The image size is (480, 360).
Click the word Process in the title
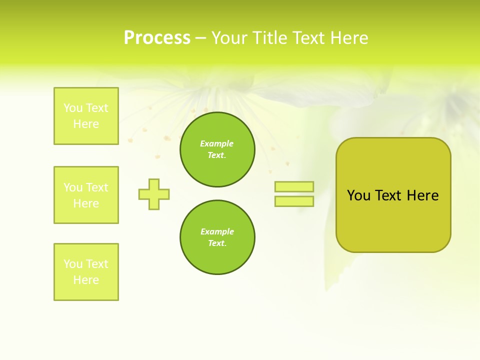(157, 38)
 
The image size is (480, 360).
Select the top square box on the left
(86, 116)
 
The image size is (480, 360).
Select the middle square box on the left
(86, 195)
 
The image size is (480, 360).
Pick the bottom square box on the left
(86, 272)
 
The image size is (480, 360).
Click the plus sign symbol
(154, 194)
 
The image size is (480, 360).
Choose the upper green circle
(217, 149)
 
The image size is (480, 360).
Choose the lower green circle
(217, 237)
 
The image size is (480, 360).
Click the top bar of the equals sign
(294, 186)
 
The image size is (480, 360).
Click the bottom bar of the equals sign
(294, 201)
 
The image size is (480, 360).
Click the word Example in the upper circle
(217, 143)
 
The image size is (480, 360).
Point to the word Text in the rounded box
(389, 195)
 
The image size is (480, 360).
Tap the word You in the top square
(72, 108)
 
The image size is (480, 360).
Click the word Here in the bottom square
(86, 280)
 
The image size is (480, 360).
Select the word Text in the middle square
(97, 187)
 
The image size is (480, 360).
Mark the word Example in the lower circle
(217, 231)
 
